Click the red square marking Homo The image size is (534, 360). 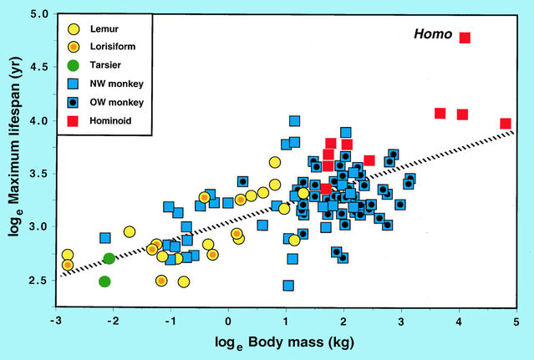[465, 38]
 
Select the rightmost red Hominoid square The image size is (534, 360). [506, 124]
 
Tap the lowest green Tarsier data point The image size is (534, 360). [104, 281]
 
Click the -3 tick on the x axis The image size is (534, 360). [56, 320]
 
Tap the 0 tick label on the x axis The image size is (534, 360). [229, 320]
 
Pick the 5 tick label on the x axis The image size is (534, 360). [517, 320]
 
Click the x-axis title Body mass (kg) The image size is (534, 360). [287, 344]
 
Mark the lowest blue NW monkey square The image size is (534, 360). [288, 286]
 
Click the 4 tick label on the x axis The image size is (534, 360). [460, 320]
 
